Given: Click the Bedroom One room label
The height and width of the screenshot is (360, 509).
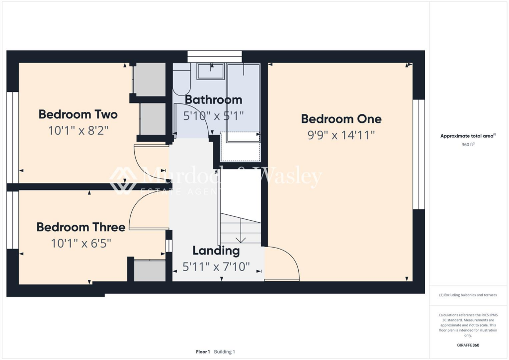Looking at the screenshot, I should [x=341, y=119].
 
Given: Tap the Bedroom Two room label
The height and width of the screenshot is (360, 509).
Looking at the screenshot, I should [x=78, y=115].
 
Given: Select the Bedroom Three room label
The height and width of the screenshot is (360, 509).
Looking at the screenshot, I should [x=81, y=228].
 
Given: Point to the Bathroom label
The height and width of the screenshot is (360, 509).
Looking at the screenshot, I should [x=213, y=100].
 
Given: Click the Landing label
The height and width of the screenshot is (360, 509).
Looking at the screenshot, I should [x=216, y=251].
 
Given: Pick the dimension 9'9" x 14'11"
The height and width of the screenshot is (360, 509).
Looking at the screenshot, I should [x=341, y=135].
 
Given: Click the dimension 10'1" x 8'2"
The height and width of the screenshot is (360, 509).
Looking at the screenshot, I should [x=78, y=131].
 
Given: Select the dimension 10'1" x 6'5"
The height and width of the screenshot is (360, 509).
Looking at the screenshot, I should [x=81, y=244].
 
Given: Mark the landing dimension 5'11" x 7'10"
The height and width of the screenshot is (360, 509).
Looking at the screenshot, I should [x=216, y=267].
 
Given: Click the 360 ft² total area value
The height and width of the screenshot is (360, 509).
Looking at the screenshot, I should [x=468, y=145].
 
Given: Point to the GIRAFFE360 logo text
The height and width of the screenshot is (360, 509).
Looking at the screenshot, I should [x=468, y=345].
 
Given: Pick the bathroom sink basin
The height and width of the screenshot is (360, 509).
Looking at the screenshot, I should [x=211, y=72].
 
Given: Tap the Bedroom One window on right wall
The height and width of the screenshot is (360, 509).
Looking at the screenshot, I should [x=419, y=154].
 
